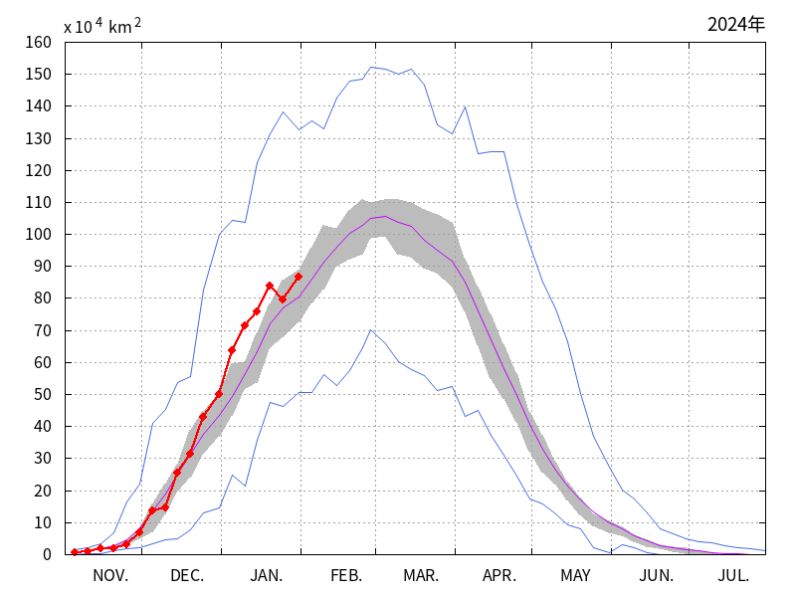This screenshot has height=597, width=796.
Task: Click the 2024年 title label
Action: click(x=736, y=24)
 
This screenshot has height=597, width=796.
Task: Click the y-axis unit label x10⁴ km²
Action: click(x=102, y=27)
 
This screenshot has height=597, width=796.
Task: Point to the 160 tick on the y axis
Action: click(x=38, y=42)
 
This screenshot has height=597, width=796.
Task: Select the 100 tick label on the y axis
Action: click(x=38, y=234)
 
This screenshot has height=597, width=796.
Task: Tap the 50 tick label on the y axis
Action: click(x=42, y=394)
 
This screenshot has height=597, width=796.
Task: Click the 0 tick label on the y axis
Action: click(x=46, y=554)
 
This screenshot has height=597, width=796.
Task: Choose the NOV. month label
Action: click(x=109, y=575)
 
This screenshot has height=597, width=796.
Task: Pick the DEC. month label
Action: click(x=187, y=575)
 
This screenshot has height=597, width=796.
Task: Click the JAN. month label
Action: click(x=267, y=575)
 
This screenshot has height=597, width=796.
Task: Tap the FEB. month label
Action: click(x=346, y=575)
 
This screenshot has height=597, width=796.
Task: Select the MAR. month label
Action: click(x=422, y=575)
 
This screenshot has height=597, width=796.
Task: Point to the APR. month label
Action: click(x=499, y=575)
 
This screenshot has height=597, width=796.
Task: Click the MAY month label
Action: click(x=576, y=575)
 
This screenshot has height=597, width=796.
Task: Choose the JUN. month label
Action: click(x=656, y=575)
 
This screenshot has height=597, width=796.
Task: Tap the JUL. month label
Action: click(x=733, y=575)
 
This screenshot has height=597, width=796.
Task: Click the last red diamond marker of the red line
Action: click(x=298, y=277)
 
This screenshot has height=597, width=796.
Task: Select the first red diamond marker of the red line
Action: click(x=75, y=551)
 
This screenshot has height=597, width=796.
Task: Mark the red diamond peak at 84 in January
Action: click(x=270, y=286)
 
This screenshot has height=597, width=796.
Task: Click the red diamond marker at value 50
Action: click(x=219, y=394)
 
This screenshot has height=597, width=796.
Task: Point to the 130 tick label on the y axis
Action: click(x=38, y=138)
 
